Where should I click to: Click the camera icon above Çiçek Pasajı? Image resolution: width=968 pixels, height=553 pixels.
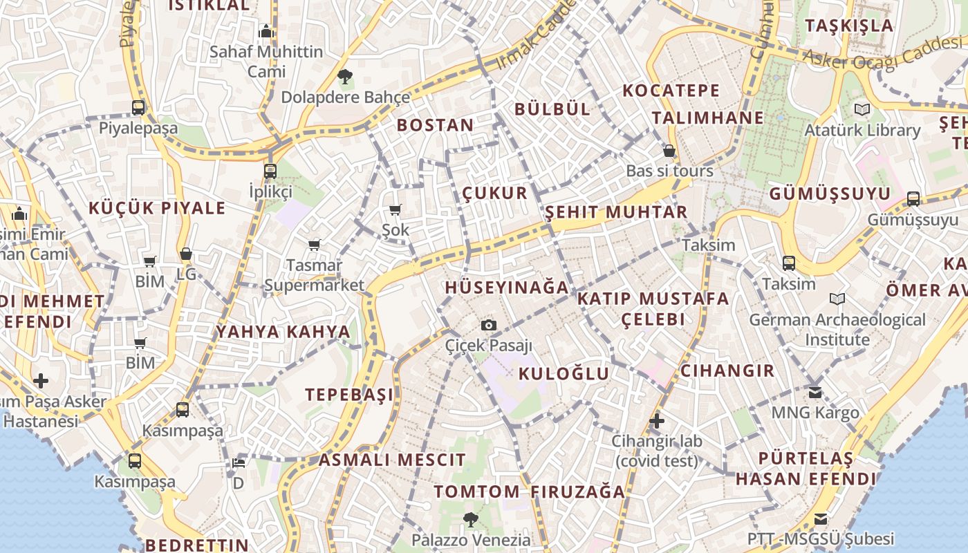pos(489,325)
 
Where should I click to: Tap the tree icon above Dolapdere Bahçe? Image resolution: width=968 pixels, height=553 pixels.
pos(345,76)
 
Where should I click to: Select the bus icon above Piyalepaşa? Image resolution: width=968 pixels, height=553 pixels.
pos(138,108)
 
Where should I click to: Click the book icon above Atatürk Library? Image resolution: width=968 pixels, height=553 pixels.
pos(862,110)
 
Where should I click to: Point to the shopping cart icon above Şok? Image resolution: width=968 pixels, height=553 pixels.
pos(395,209)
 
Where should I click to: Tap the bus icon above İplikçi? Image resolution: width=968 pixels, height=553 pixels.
pos(270,171)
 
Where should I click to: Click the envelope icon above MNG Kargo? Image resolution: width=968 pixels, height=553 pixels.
pos(815,392)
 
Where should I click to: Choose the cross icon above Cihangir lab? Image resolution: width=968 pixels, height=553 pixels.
pos(656,420)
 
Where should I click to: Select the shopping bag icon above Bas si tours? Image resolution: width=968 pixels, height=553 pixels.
pos(669,150)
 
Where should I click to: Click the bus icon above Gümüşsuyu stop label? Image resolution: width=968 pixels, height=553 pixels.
pos(913,199)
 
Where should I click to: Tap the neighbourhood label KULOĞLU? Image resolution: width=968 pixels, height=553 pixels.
pos(564,374)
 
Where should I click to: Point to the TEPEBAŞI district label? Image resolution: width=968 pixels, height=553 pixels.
pos(349,395)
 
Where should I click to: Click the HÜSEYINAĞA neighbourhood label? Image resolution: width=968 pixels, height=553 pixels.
pos(507,288)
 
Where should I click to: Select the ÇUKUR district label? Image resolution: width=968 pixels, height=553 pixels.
pos(494,193)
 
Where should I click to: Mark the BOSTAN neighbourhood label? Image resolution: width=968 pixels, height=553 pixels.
pos(435,125)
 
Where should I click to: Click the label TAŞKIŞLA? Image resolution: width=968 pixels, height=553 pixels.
pos(849,26)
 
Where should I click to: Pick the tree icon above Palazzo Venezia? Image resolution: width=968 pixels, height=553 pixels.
pos(471,518)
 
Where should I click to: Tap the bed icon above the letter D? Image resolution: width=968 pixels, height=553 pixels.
pos(238,462)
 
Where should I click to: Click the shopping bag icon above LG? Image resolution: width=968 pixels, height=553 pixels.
pos(185,254)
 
